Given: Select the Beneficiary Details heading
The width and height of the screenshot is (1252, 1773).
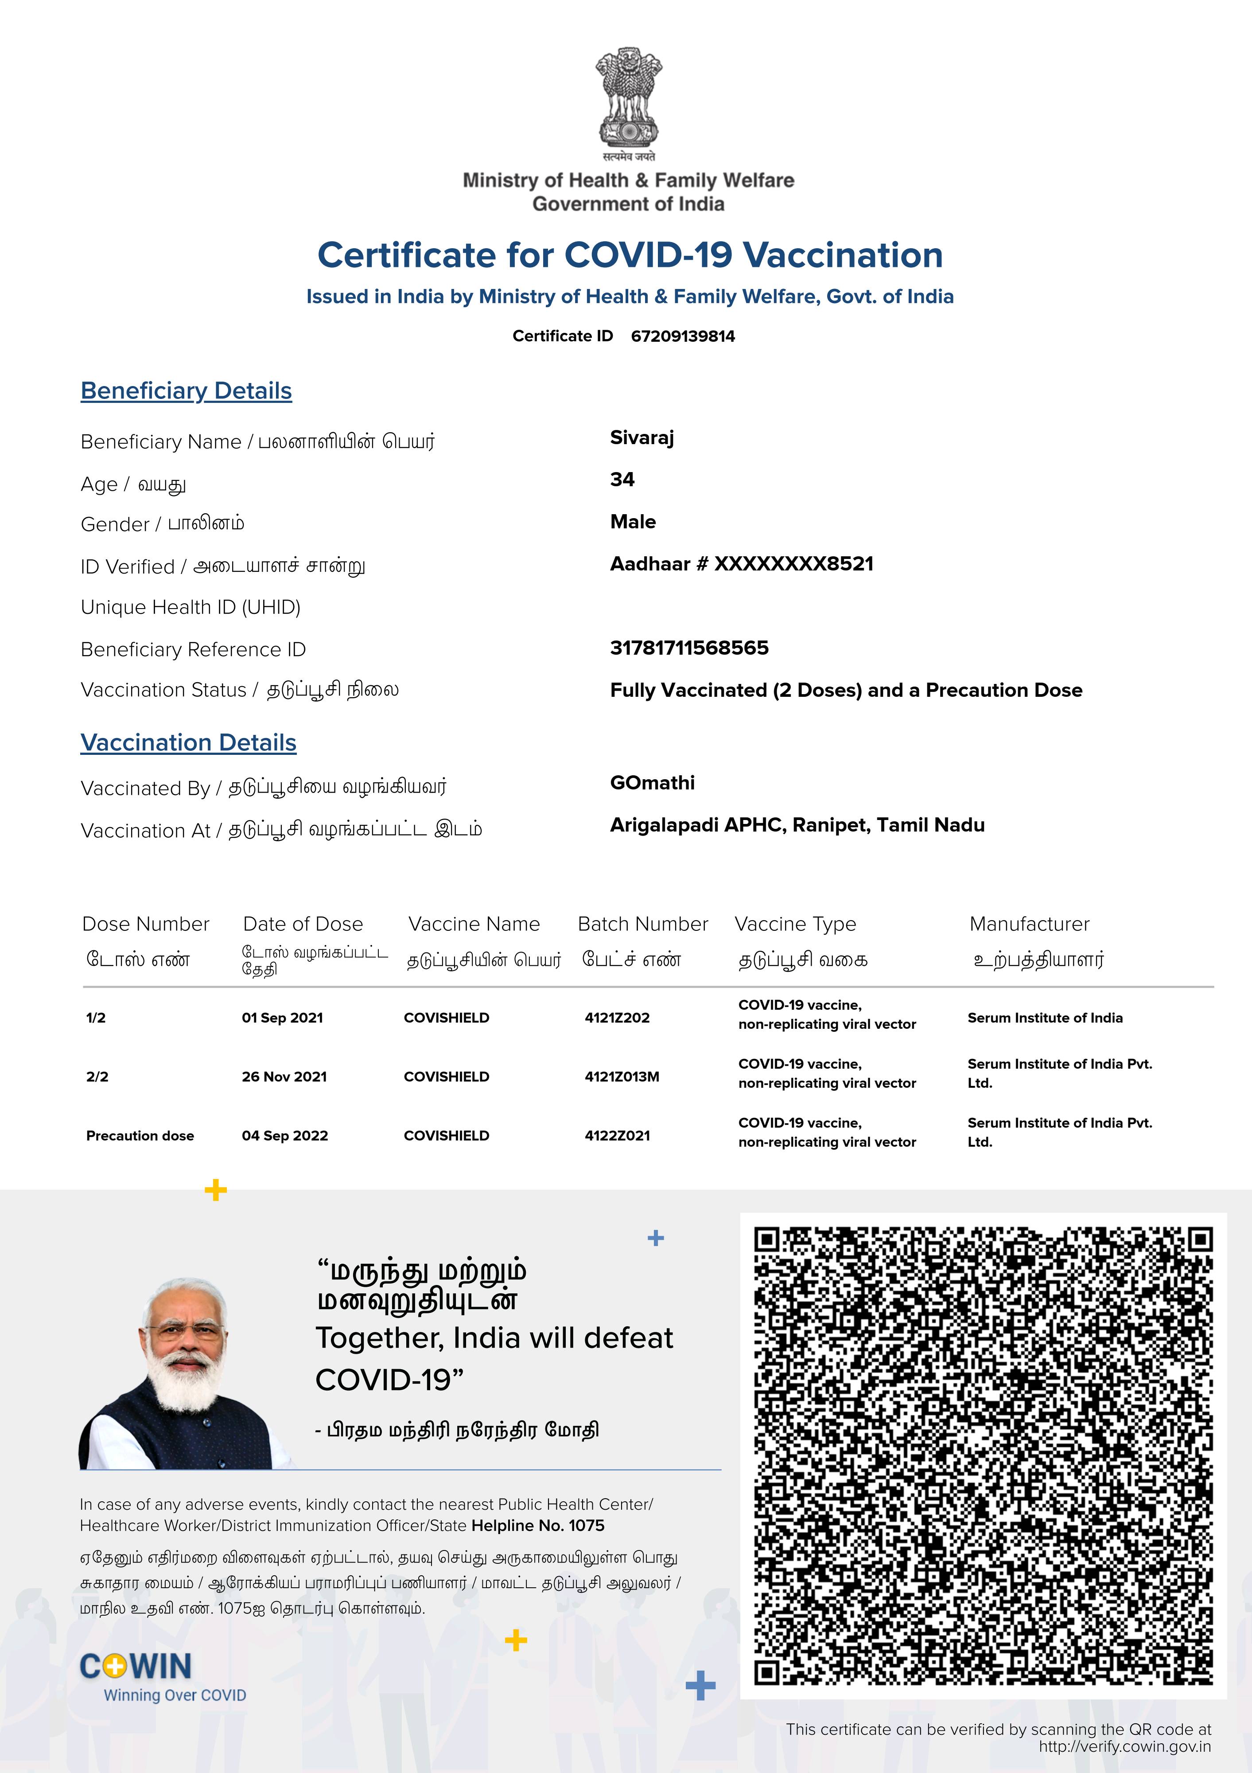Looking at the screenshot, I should pyautogui.click(x=186, y=391).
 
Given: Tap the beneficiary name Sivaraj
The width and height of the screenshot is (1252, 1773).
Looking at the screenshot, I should pyautogui.click(x=642, y=438).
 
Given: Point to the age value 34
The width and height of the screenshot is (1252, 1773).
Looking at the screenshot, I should pyautogui.click(x=622, y=480).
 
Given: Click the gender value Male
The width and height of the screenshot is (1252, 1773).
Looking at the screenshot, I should pyautogui.click(x=633, y=522).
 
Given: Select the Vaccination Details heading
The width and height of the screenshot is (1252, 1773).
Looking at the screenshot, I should pyautogui.click(x=188, y=743).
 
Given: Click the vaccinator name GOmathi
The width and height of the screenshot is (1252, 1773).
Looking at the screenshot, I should pyautogui.click(x=652, y=783).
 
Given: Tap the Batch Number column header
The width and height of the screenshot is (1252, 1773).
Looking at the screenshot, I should pyautogui.click(x=642, y=924).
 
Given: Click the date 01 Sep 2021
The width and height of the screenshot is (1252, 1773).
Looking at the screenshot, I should pyautogui.click(x=283, y=1018).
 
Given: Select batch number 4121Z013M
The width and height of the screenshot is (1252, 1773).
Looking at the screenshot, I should pyautogui.click(x=622, y=1077).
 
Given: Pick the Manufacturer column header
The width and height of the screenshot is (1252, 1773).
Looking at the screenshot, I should pyautogui.click(x=1029, y=924).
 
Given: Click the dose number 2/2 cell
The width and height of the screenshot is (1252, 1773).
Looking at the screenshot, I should pyautogui.click(x=97, y=1077).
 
